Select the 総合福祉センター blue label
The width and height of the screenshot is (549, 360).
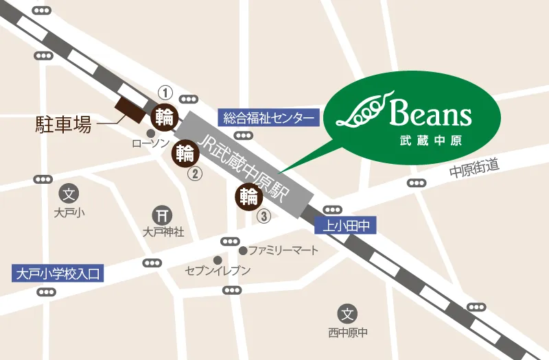pyautogui.click(x=269, y=117)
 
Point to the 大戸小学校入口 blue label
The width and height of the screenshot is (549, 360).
pyautogui.click(x=58, y=274)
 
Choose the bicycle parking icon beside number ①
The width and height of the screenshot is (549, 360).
pyautogui.click(x=165, y=115)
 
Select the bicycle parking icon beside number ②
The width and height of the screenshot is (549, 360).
pyautogui.click(x=185, y=153)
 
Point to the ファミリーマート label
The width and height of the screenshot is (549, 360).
pyautogui.click(x=283, y=250)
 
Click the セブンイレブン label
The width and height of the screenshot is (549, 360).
pyautogui.click(x=218, y=271)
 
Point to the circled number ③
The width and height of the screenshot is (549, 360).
pyautogui.click(x=264, y=215)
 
